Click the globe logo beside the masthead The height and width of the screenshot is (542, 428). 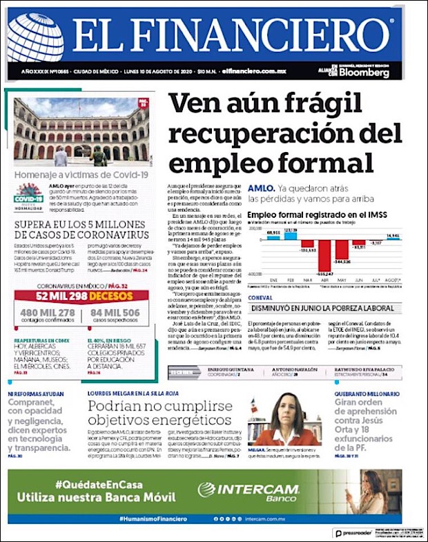click(x=35, y=38)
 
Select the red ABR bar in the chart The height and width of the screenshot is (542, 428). click(x=322, y=254)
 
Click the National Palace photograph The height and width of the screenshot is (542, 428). click(x=81, y=132)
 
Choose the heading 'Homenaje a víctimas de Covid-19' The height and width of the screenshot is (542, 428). click(x=81, y=174)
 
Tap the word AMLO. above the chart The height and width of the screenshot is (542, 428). click(x=262, y=188)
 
